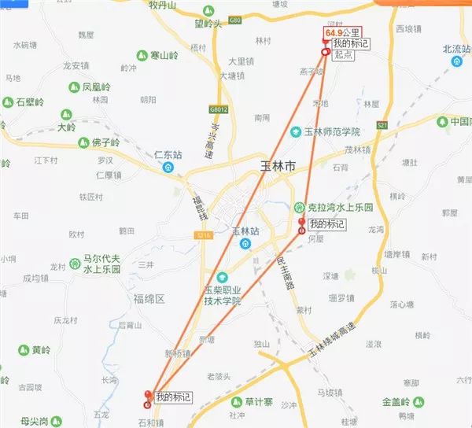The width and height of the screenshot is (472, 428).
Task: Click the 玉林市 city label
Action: click(278, 167)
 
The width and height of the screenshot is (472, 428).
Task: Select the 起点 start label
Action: click(343, 55)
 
